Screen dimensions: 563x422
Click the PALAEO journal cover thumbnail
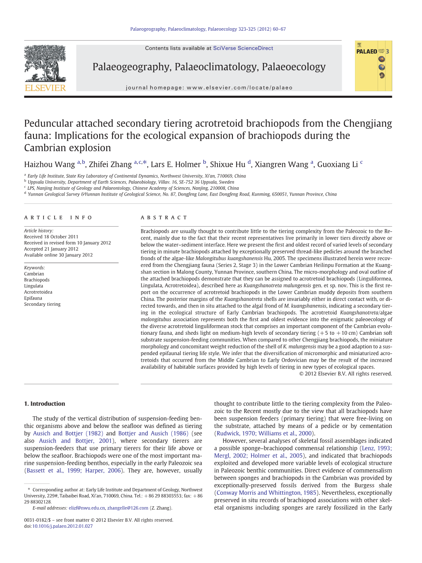pyautogui.click(x=373, y=66)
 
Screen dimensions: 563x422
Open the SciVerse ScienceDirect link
pyautogui.click(x=243, y=48)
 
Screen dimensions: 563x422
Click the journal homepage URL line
pyautogui.click(x=209, y=88)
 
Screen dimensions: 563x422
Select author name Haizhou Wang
pyautogui.click(x=49, y=164)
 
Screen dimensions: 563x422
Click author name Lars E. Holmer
pyautogui.click(x=175, y=164)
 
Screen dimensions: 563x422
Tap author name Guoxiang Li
pyautogui.click(x=337, y=164)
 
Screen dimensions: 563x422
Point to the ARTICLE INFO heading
pyautogui.click(x=58, y=217)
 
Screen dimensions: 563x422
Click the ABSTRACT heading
pyautogui.click(x=164, y=217)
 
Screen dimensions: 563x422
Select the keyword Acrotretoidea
pyautogui.click(x=38, y=292)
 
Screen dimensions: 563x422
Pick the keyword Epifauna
pyautogui.click(x=33, y=298)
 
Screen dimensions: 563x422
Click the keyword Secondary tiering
pyautogui.click(x=42, y=304)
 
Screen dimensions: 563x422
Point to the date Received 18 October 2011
pyautogui.click(x=51, y=237)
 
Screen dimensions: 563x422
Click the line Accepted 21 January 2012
pyautogui.click(x=51, y=249)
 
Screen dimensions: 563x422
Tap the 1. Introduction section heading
pyautogui.click(x=44, y=404)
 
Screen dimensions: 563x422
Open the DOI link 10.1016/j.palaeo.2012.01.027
pyautogui.click(x=62, y=526)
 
